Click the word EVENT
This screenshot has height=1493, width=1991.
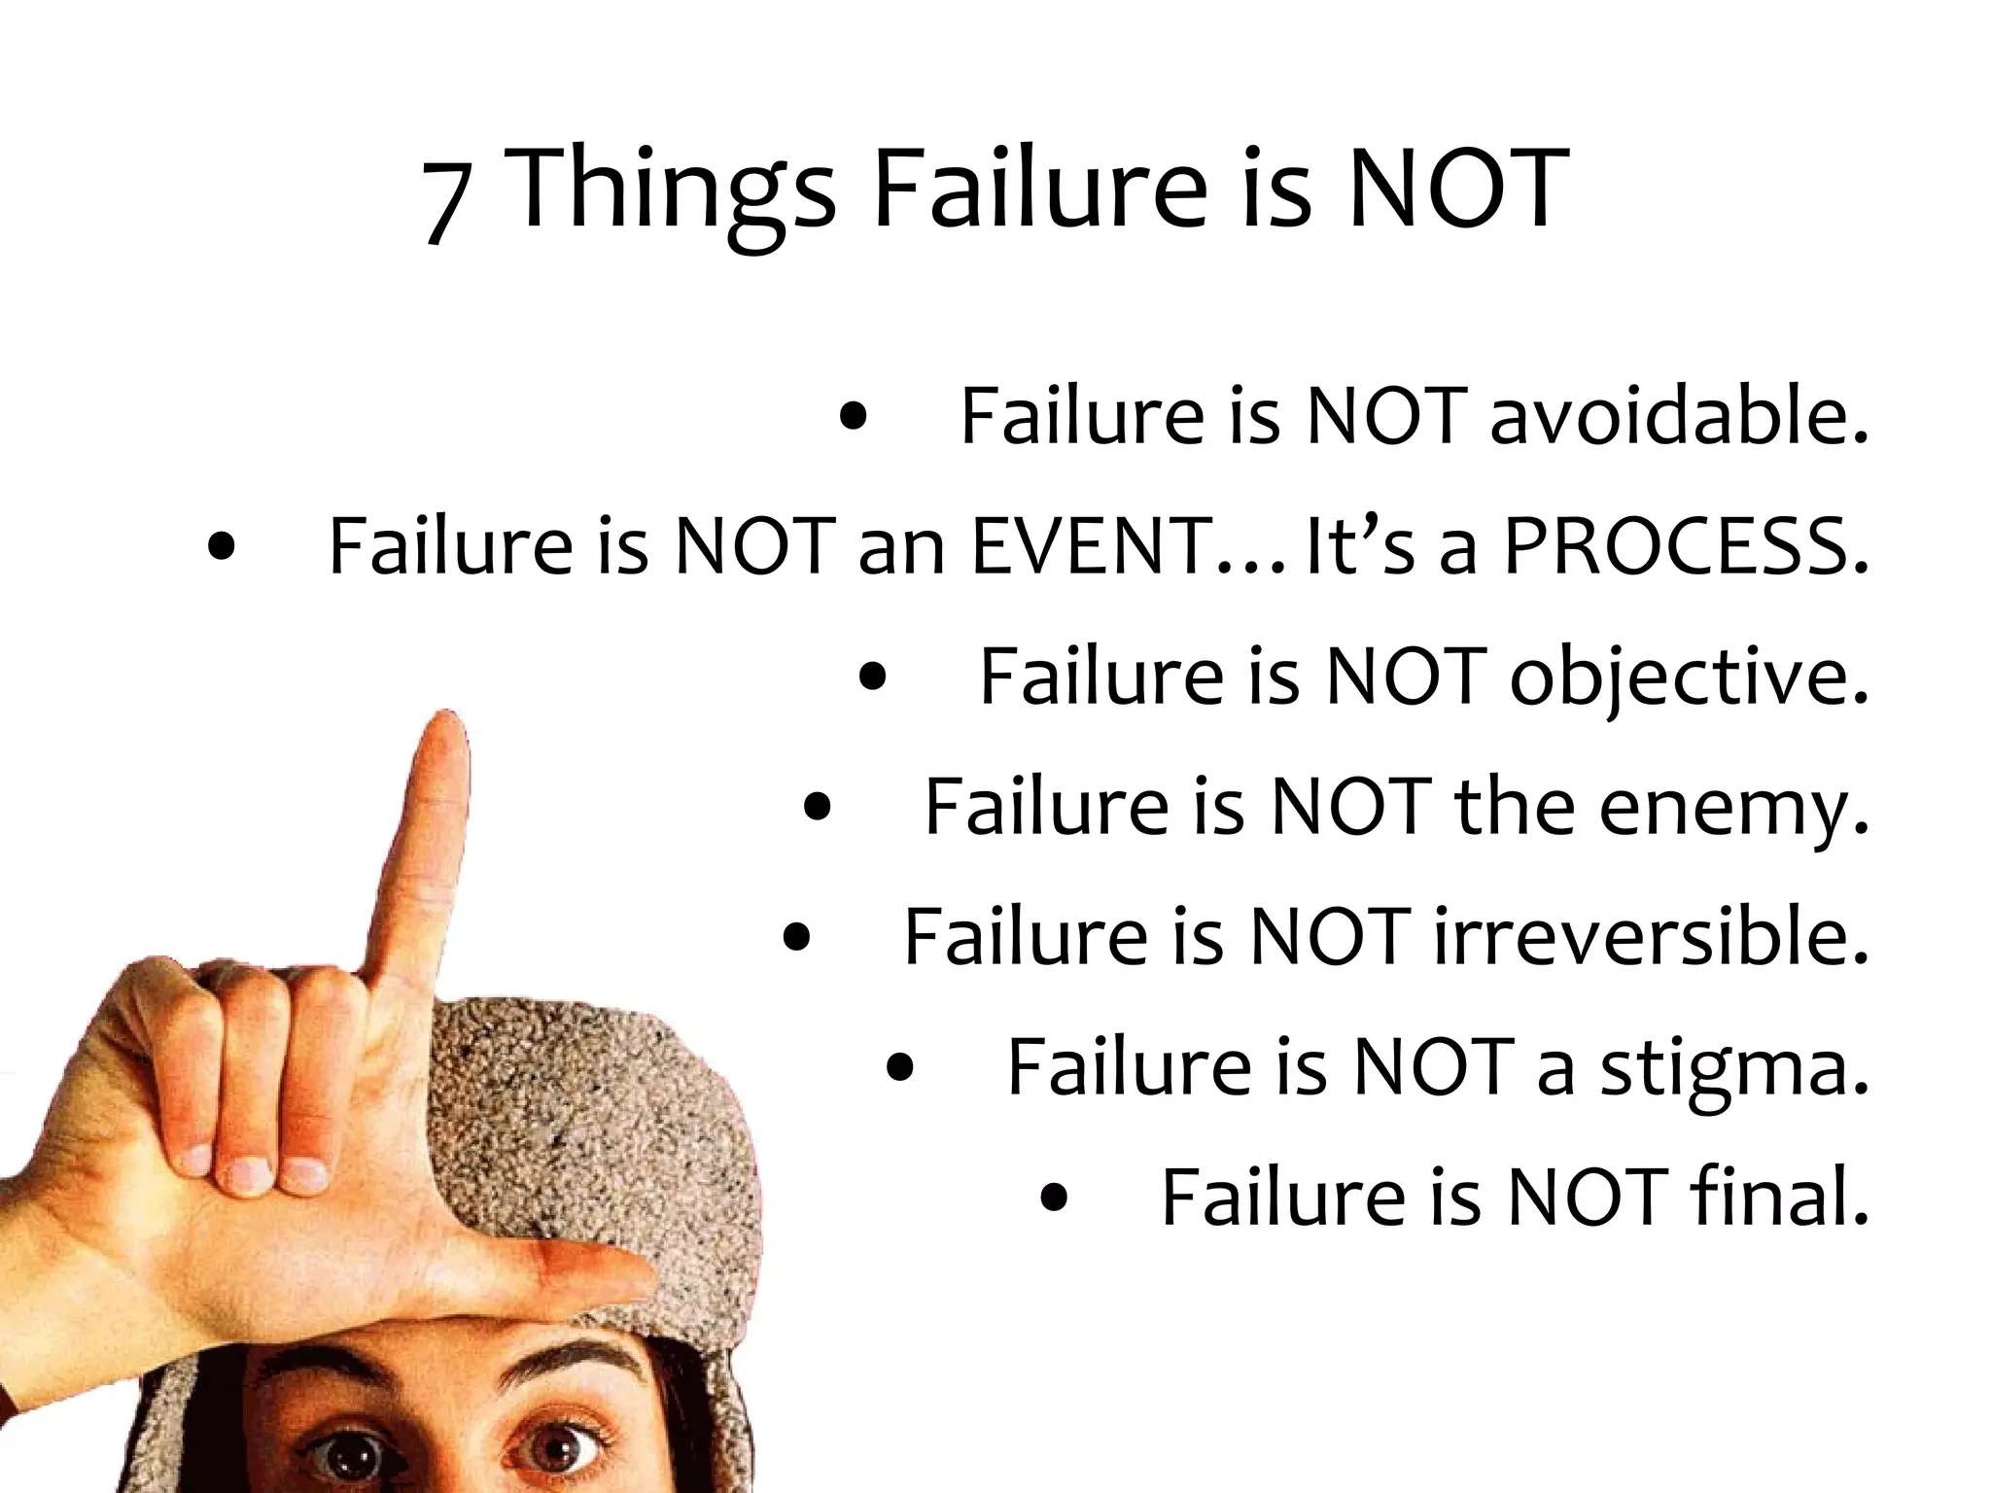point(1086,546)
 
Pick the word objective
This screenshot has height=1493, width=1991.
point(1689,677)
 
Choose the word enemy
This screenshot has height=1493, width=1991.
point(1733,808)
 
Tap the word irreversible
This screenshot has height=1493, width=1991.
point(1651,937)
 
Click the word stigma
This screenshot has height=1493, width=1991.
point(1734,1068)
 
